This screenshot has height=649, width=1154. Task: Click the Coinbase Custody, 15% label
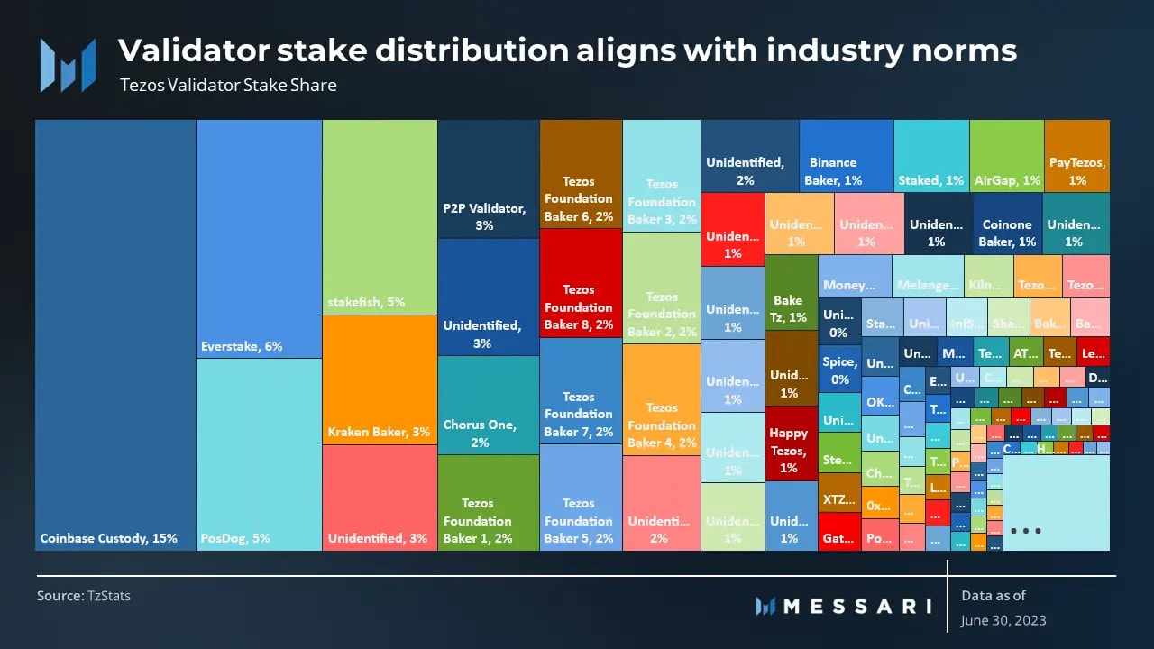108,538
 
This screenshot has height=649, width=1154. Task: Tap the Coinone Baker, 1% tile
1007,233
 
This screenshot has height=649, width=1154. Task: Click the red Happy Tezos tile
790,443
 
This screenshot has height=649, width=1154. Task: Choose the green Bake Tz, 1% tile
790,292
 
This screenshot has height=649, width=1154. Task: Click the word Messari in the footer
856,606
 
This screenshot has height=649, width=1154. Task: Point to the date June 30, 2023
1003,620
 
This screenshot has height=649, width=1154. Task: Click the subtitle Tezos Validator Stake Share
228,86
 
